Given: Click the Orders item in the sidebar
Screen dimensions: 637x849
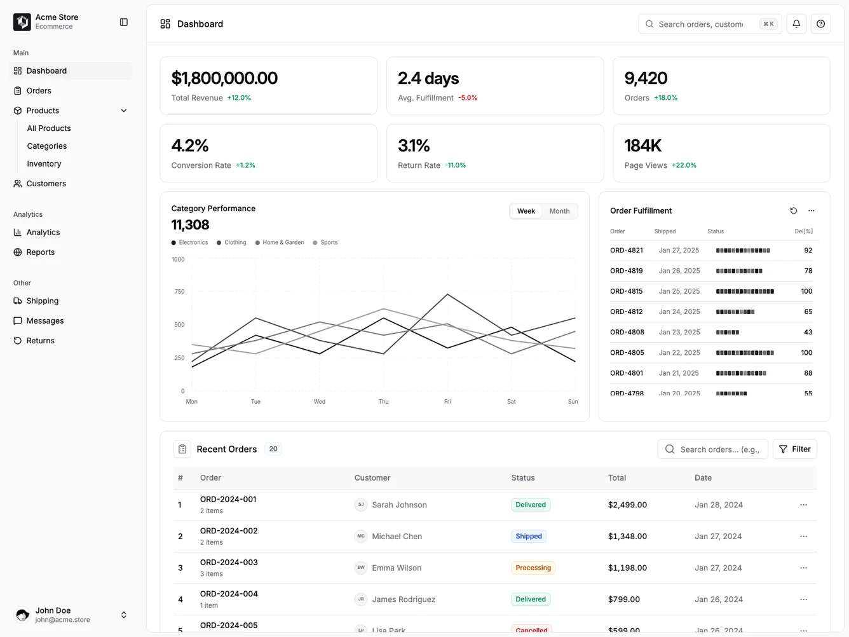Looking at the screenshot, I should click(x=39, y=91).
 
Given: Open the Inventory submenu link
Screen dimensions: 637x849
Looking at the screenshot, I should click(x=44, y=164).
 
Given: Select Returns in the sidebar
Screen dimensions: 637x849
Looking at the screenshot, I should click(x=40, y=341).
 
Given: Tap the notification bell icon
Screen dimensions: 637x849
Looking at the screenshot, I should click(x=796, y=24).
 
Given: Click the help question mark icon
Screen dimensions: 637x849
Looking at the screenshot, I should click(x=820, y=24).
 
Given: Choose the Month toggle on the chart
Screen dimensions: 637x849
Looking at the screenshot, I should click(x=559, y=211).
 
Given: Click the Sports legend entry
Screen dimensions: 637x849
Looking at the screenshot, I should click(x=329, y=243).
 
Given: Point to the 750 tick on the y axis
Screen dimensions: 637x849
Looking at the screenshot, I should click(x=179, y=292).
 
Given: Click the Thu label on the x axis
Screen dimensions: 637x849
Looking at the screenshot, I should click(x=383, y=402).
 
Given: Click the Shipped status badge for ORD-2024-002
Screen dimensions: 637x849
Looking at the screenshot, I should click(x=529, y=537).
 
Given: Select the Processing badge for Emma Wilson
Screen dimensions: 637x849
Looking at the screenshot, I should click(x=533, y=568).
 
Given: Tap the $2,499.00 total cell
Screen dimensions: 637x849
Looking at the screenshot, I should click(x=627, y=505).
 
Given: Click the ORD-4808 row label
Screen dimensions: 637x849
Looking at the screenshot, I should click(x=627, y=332).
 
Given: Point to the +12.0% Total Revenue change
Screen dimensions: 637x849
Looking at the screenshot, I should click(x=239, y=99).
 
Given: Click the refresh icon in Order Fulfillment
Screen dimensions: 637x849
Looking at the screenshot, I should click(x=793, y=211).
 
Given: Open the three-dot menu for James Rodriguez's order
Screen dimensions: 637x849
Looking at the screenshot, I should click(x=803, y=599).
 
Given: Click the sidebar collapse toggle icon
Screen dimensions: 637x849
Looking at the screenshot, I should click(x=124, y=22).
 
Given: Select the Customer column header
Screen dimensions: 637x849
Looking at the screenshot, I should click(x=372, y=478).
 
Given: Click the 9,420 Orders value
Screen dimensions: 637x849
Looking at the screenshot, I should click(x=646, y=78).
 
